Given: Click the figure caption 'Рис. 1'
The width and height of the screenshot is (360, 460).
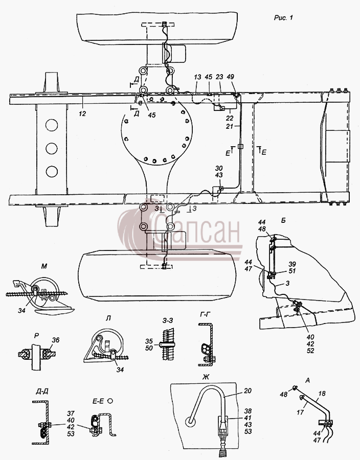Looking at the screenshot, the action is coord(283,17).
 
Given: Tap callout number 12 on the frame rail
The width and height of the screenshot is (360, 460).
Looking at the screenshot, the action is coord(82,113).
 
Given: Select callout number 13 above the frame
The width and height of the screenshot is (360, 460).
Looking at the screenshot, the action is coord(197,77).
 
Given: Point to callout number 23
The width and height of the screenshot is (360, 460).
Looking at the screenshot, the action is coord(219,77).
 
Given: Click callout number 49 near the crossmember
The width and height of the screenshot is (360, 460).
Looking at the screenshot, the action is coord(230,77).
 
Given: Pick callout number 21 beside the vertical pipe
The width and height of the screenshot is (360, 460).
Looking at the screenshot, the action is coord(230,126).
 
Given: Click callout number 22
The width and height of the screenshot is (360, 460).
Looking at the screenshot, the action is coord(230,119).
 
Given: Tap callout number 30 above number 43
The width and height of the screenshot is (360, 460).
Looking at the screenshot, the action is coord(219,168).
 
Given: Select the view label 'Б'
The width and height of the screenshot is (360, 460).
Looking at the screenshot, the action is coord(283,221).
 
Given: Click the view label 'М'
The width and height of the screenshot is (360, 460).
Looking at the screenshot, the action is coord(44,266).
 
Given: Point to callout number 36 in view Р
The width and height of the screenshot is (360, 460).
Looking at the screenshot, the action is coord(55,340).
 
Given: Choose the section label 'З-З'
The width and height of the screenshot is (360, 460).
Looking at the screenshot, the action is coord(168,320).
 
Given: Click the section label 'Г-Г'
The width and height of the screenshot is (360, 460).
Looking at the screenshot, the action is coord(205,315).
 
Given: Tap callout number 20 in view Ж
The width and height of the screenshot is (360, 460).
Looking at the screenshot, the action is coord(248,390).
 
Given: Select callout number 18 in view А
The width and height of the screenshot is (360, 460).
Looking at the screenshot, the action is coord(322,394).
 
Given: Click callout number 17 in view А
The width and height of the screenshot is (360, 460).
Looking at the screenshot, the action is coord(300,412).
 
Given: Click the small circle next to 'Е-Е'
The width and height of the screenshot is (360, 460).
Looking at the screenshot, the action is coord(110,400).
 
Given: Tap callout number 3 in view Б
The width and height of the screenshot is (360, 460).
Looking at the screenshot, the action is coord(287,284).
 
